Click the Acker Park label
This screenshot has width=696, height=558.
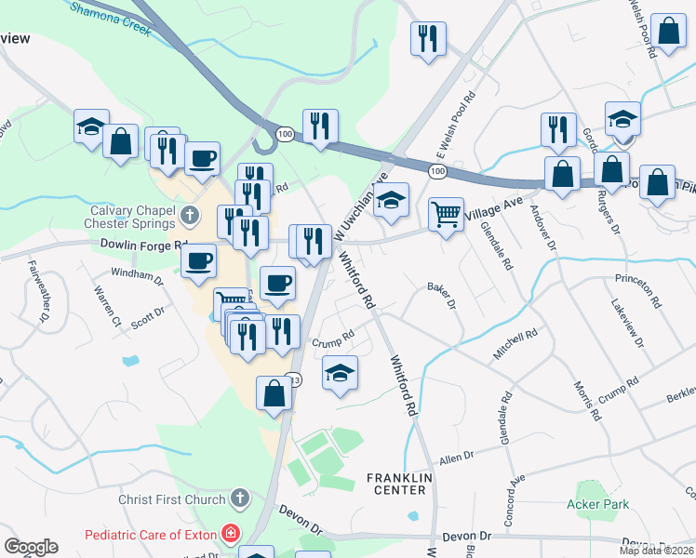(x=597, y=505)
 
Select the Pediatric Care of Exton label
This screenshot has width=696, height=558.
(x=151, y=535)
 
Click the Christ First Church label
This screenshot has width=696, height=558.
(x=172, y=499)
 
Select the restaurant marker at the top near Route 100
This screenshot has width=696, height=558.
(x=428, y=38)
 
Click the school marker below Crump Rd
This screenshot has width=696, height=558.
(x=341, y=373)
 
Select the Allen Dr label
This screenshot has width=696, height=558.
(x=457, y=458)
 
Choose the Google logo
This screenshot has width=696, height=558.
(x=31, y=547)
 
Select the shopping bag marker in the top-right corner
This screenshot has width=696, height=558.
(x=668, y=31)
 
